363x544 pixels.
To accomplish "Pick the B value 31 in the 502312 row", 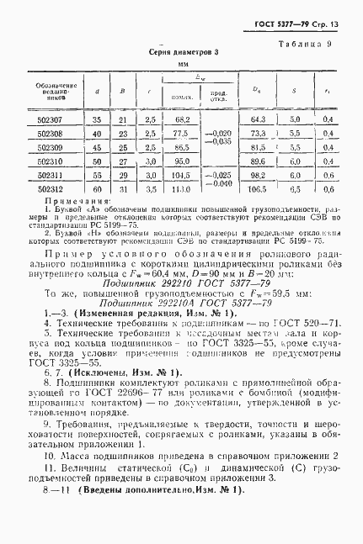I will point(123,190).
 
